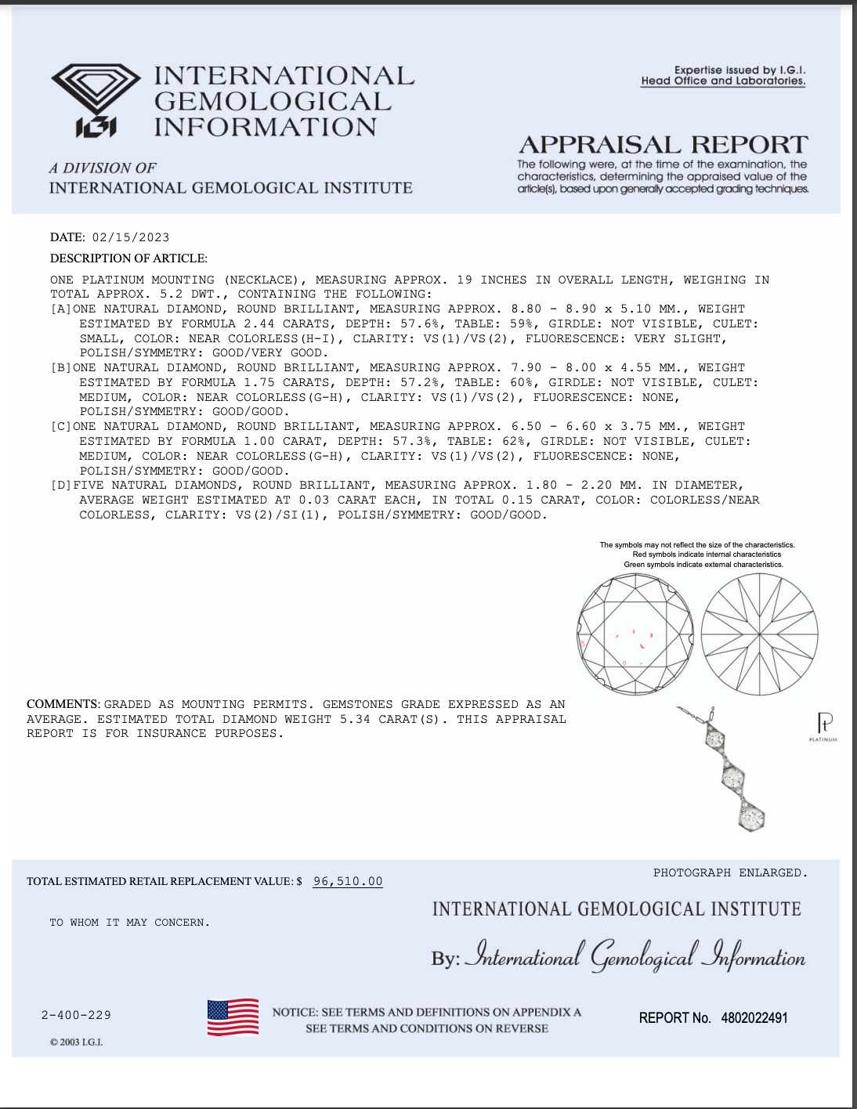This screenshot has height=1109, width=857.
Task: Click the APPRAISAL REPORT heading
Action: pos(663,145)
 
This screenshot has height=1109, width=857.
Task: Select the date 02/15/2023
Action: pos(130,237)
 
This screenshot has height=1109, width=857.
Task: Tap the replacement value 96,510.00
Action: pos(348,881)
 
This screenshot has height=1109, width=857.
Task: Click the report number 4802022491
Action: pos(754,1017)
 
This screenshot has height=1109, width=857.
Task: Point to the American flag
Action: pos(233,1017)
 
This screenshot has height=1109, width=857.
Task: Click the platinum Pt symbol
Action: pos(824,722)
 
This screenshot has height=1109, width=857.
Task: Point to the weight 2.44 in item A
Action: pos(259,323)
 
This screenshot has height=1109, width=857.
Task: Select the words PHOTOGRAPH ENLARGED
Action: pos(729,872)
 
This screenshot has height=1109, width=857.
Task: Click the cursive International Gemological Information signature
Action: pos(635,955)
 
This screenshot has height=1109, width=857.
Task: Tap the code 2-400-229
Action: pos(76,1015)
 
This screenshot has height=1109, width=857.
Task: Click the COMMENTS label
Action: pos(63,704)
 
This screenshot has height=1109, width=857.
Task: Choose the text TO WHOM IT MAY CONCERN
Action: pos(129,923)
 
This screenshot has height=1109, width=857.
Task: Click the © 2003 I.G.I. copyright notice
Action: pos(76,1042)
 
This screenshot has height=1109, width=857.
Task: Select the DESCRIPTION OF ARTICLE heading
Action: pos(128,258)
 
